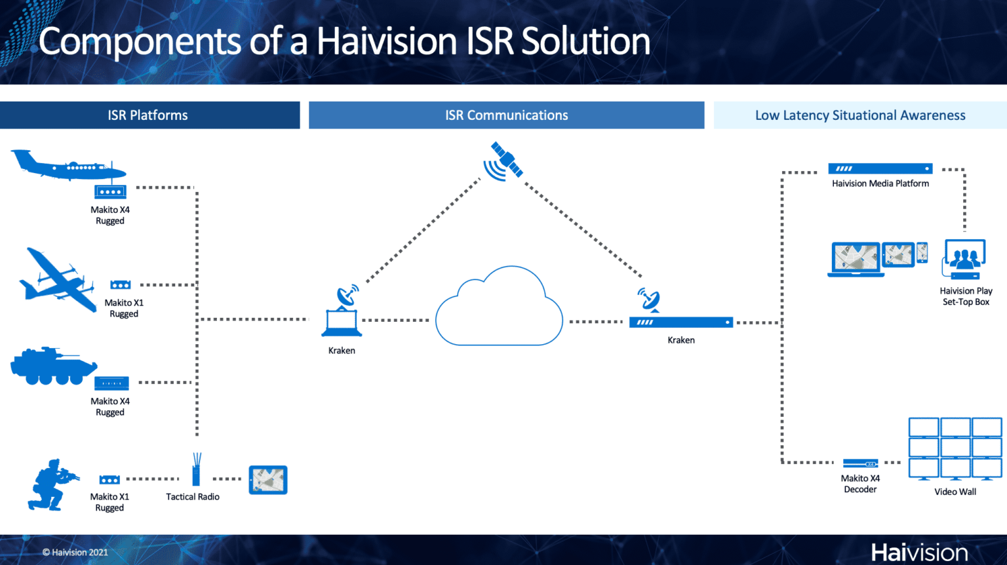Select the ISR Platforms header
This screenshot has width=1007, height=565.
tap(148, 115)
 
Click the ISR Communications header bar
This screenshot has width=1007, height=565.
tap(506, 115)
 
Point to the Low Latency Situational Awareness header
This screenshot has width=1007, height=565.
tap(859, 115)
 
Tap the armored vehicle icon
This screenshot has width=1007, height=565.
tap(53, 366)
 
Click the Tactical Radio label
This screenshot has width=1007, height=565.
tap(192, 497)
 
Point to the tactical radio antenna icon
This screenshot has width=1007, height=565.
tap(196, 469)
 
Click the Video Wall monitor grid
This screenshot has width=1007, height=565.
tap(955, 448)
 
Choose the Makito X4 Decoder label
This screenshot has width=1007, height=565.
tap(860, 484)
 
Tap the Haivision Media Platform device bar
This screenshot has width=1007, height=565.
tap(880, 168)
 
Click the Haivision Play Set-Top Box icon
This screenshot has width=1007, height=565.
tap(964, 259)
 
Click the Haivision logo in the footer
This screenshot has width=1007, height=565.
tap(919, 552)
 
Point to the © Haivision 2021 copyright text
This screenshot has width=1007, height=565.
tap(75, 553)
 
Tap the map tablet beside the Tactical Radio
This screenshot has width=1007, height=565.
tap(268, 480)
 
